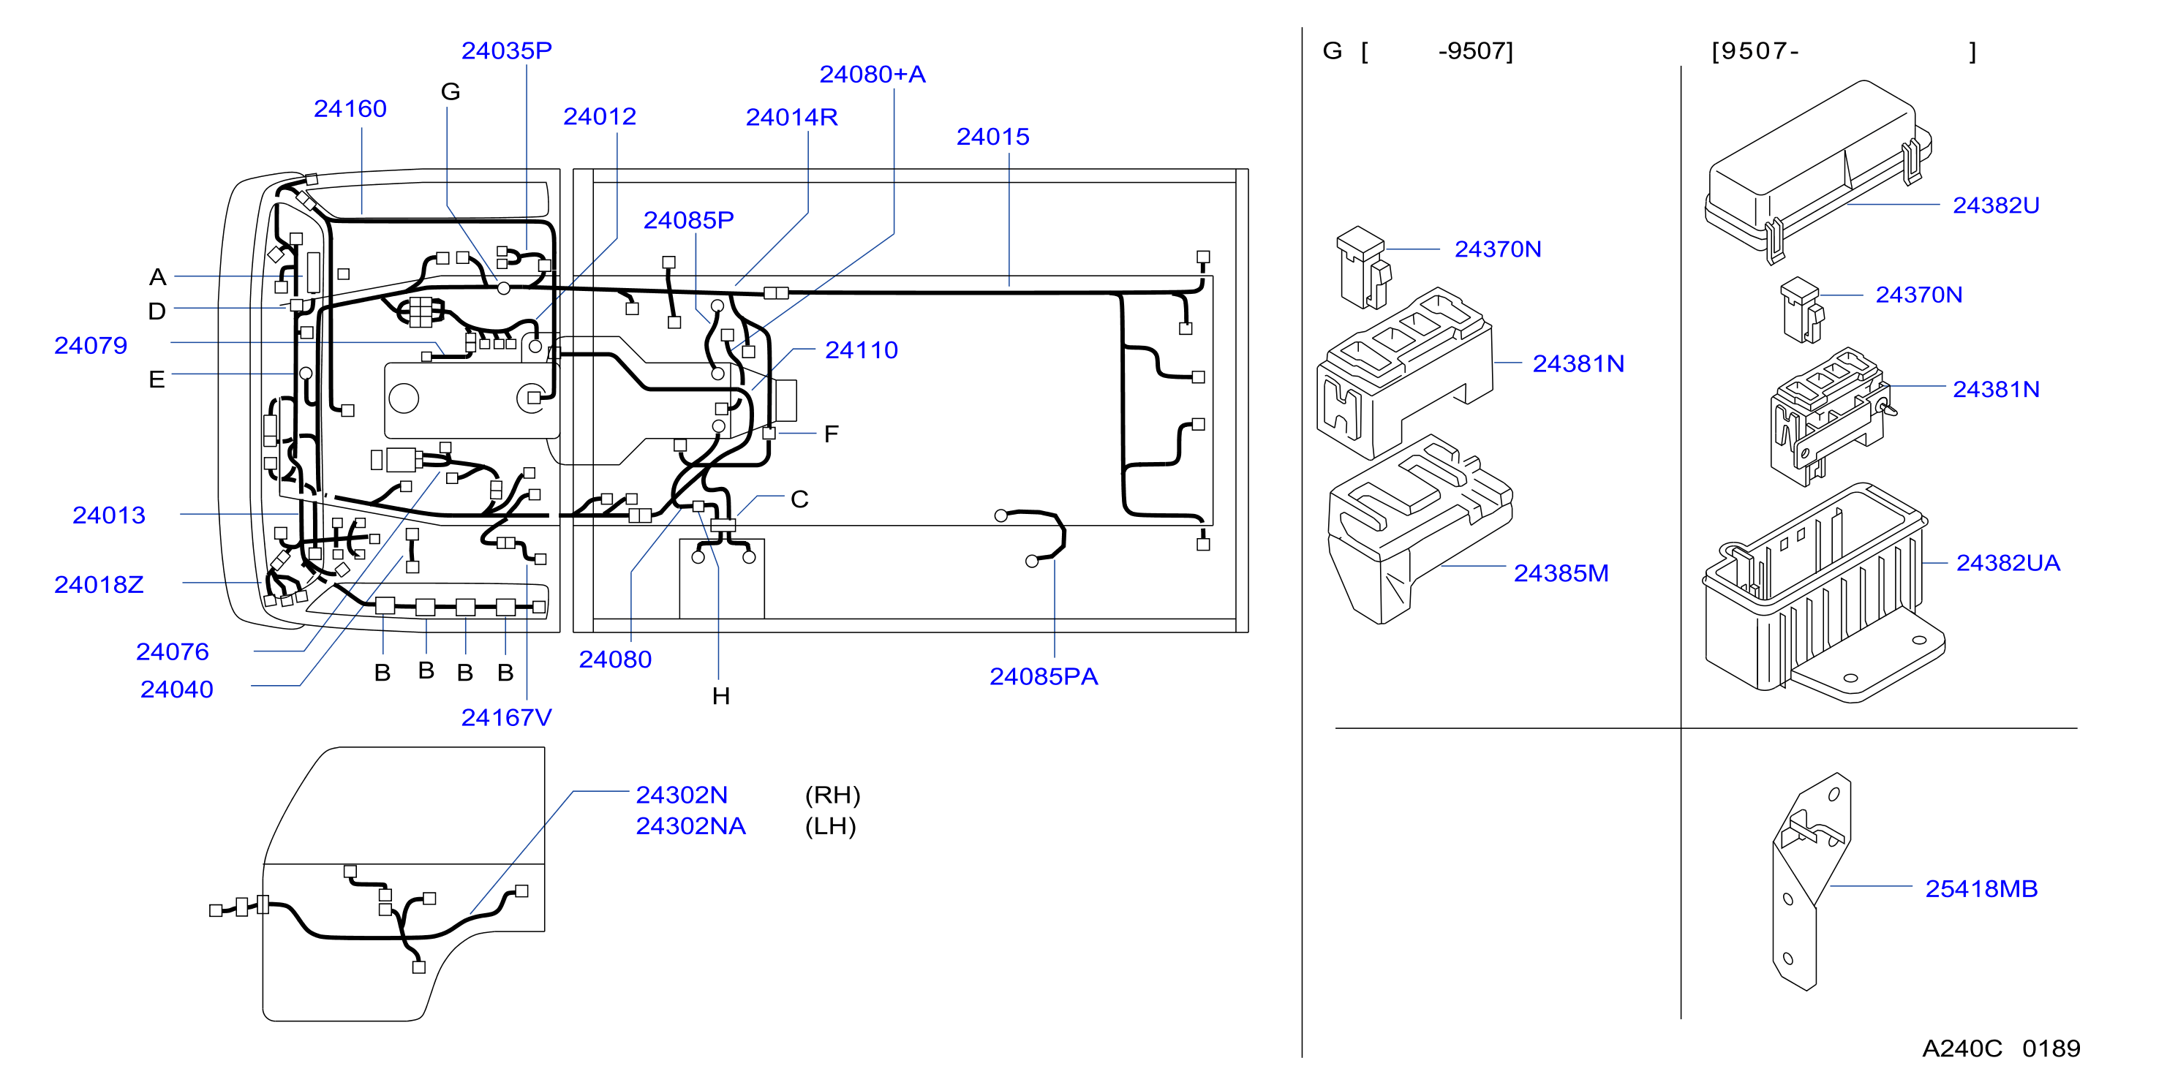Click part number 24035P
[506, 50]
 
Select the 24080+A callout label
[873, 74]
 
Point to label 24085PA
[1043, 676]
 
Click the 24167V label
[506, 717]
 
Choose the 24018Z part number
[99, 585]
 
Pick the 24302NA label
[690, 826]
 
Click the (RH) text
[833, 795]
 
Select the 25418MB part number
[1981, 889]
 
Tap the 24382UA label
[2008, 563]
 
